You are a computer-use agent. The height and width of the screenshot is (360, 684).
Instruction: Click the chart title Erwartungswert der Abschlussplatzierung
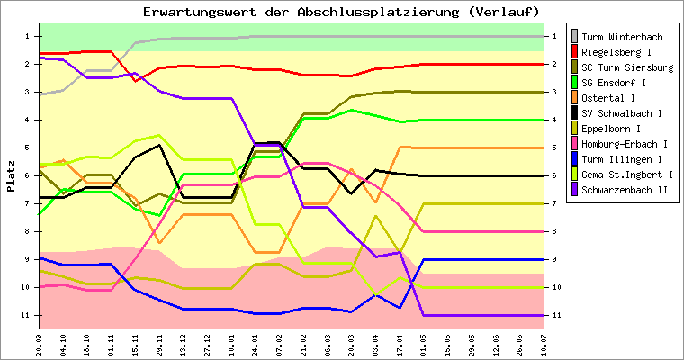pos(341,12)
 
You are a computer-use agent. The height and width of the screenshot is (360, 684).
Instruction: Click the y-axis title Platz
pos(12,175)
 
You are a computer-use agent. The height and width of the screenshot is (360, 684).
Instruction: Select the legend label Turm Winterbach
pos(622,37)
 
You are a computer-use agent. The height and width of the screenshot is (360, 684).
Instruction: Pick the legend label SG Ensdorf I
pos(616,83)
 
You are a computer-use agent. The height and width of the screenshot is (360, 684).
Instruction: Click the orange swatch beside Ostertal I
pos(575,98)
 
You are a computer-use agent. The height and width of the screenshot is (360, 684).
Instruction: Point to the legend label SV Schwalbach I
pos(622,113)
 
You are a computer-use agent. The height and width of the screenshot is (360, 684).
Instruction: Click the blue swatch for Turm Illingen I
pos(575,159)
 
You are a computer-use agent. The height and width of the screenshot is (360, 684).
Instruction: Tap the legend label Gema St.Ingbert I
pos(627,175)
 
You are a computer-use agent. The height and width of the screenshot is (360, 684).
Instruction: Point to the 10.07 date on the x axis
pos(543,343)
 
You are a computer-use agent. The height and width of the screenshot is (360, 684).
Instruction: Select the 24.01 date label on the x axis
pos(256,343)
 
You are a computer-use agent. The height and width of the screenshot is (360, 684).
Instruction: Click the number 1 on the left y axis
pos(28,36)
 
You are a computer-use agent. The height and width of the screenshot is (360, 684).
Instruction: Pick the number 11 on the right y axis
pos(557,315)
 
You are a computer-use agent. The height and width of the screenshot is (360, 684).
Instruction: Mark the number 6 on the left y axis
pos(28,175)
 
